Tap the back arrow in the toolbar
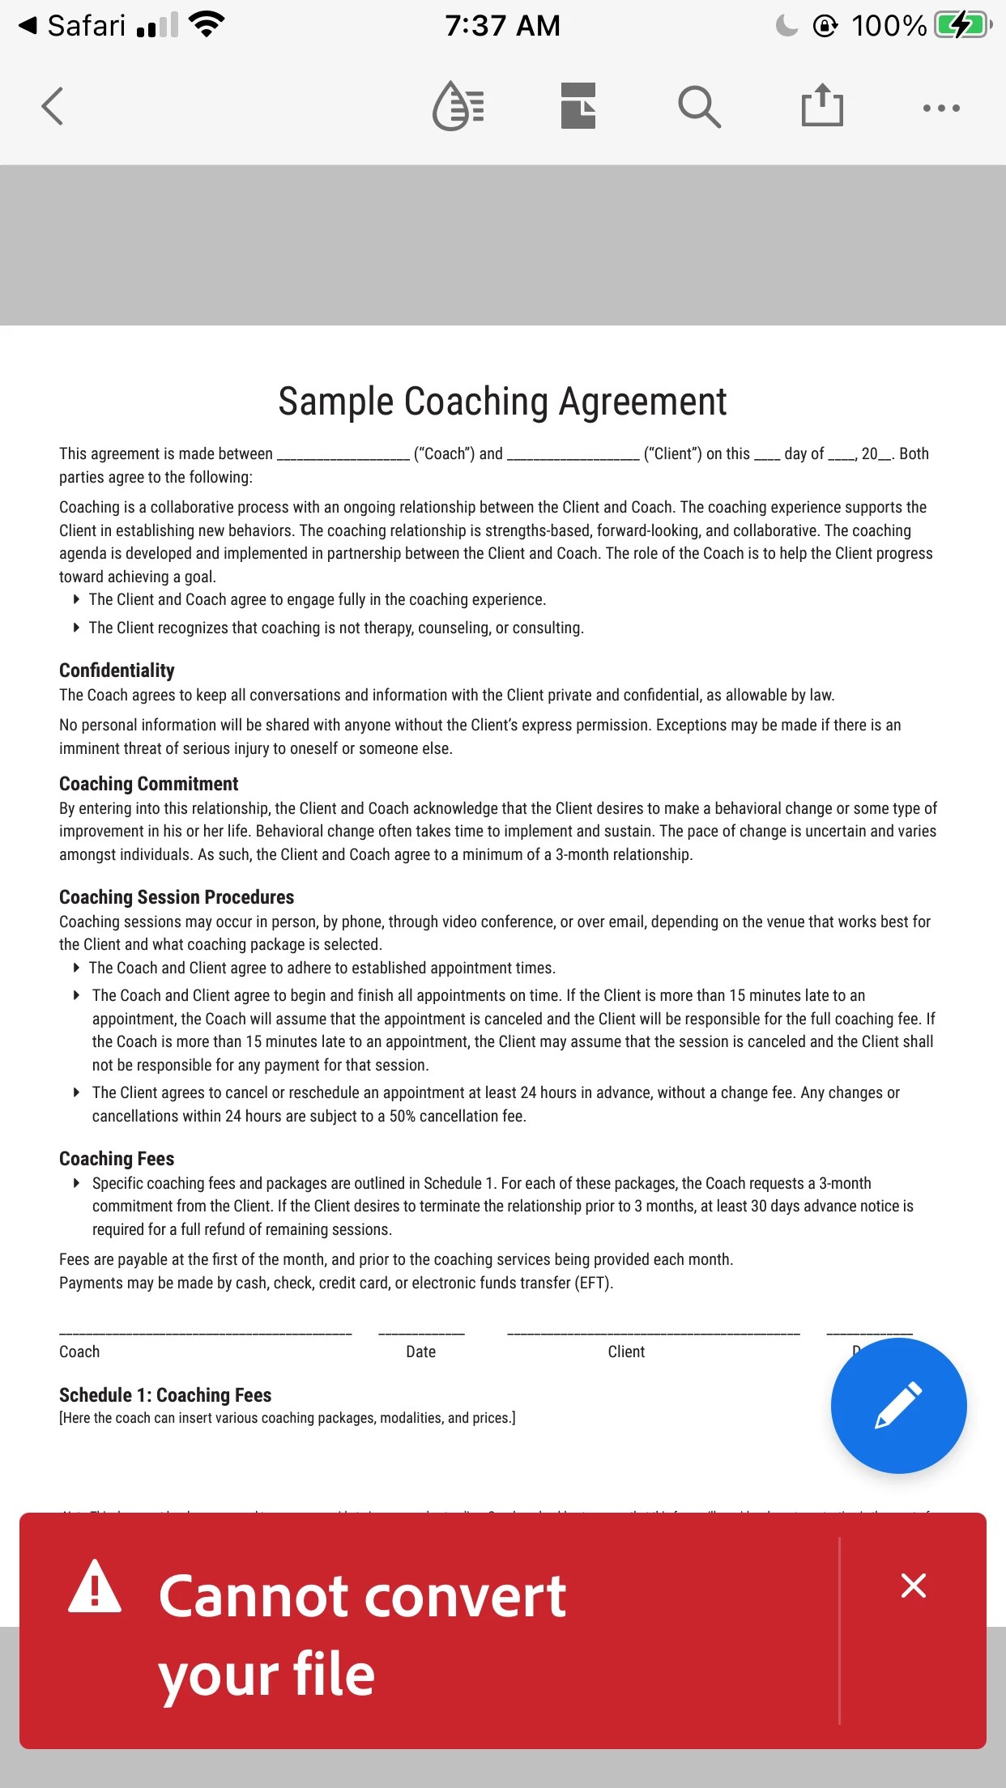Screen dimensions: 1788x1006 (x=53, y=106)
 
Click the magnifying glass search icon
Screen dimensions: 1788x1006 (x=699, y=107)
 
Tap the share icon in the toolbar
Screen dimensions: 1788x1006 (x=822, y=106)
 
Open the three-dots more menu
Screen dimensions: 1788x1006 (x=941, y=108)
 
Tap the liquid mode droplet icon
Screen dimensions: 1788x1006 (x=458, y=106)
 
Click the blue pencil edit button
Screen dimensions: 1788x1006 (x=898, y=1405)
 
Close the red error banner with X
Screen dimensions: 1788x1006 (x=913, y=1586)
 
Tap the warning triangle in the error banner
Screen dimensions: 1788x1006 (x=95, y=1587)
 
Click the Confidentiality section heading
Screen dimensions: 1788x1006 (x=117, y=670)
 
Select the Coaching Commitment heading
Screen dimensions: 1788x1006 (x=148, y=784)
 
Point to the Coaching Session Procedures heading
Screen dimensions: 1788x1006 (x=177, y=897)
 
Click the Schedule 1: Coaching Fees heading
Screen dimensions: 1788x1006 (x=165, y=1395)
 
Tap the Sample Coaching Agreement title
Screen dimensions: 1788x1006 (x=502, y=402)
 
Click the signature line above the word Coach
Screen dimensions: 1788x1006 (x=205, y=1333)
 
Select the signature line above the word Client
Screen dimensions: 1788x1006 (x=653, y=1333)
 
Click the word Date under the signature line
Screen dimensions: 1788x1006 (x=420, y=1352)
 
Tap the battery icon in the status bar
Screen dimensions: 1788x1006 (x=962, y=25)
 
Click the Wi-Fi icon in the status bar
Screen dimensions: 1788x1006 (x=207, y=25)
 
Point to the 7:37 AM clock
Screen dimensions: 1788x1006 (x=502, y=26)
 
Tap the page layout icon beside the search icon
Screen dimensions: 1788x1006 (x=578, y=106)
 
